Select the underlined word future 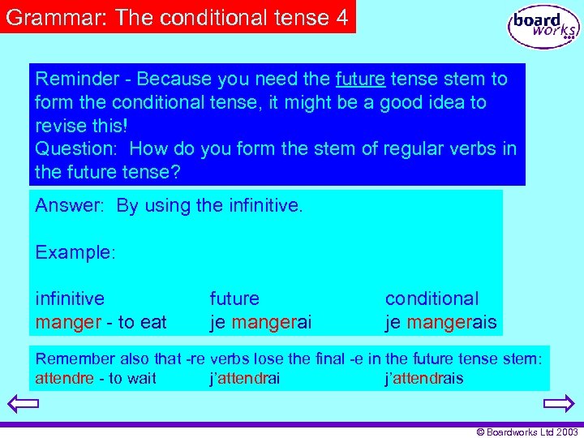click(359, 79)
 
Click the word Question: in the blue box click(77, 149)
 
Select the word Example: click(75, 252)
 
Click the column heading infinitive click(70, 298)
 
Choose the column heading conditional click(432, 298)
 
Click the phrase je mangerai click(260, 322)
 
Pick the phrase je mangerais click(440, 322)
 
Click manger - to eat click(101, 322)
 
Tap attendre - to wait click(96, 379)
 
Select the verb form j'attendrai click(244, 379)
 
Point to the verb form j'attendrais click(423, 379)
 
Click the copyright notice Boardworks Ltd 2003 click(527, 432)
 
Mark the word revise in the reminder click(62, 127)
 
